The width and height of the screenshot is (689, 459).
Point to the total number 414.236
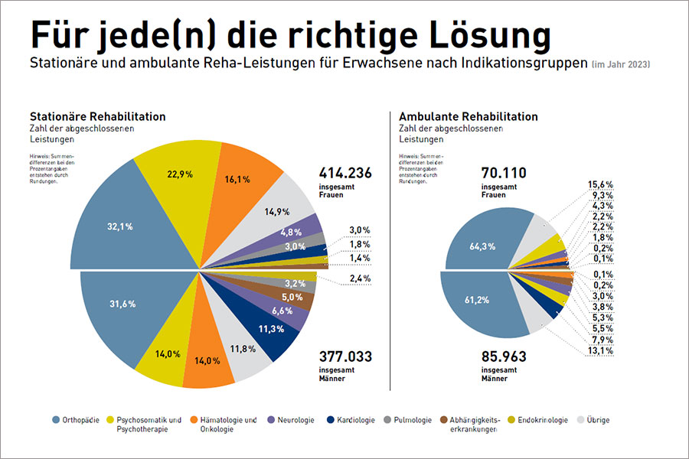[x=345, y=174]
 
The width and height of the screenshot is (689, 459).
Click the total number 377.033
[x=345, y=356]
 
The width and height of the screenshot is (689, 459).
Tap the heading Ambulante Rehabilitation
[x=469, y=117]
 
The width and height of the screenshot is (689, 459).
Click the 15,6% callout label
[x=601, y=184]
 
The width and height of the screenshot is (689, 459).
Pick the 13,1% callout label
[x=601, y=350]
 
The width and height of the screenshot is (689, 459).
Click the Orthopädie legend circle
[x=57, y=419]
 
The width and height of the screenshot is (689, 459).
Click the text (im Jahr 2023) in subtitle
[x=620, y=64]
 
